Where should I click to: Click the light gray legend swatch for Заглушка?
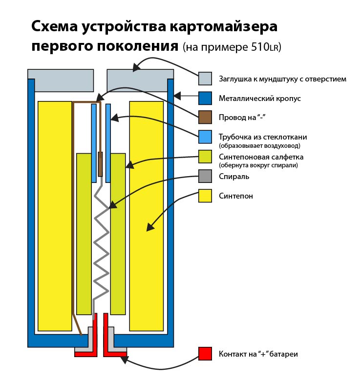(x=205, y=79)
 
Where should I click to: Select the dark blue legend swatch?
(x=205, y=98)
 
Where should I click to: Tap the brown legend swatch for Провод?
(x=205, y=118)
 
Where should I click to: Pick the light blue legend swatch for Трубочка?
(x=205, y=137)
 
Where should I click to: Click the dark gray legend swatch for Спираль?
(x=205, y=176)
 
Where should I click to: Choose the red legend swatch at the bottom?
(x=205, y=354)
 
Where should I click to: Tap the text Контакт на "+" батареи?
(x=258, y=354)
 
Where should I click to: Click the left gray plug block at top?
(x=61, y=80)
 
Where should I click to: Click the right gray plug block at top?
(x=140, y=80)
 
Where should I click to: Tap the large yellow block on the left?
(x=55, y=215)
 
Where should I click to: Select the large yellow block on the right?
(x=146, y=215)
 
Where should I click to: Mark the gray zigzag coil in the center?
(x=101, y=244)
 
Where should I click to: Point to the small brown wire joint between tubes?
(x=101, y=164)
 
